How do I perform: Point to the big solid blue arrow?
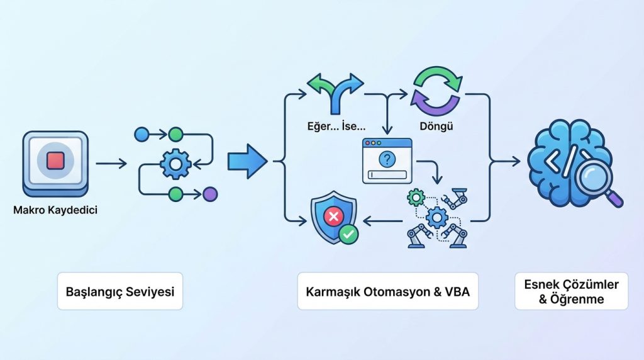247,161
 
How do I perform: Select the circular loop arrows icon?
436,89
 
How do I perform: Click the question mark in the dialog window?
387,159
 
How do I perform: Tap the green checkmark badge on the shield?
348,235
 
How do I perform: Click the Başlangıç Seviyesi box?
120,291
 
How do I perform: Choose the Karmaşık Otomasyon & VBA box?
388,291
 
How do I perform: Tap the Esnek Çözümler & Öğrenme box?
571,291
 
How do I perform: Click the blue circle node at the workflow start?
142,133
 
